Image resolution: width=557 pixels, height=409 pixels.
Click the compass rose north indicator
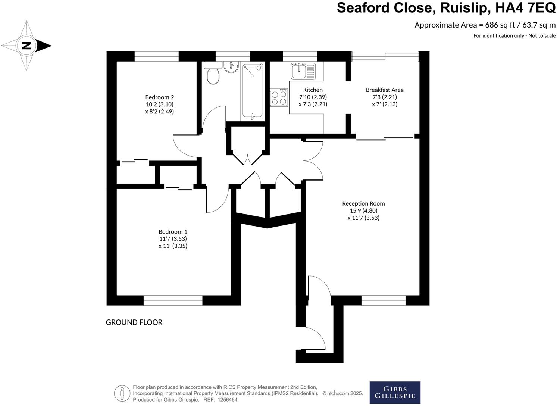pos(26,46)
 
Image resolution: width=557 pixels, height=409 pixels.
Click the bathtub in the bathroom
pos(253,91)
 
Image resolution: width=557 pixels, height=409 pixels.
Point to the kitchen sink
pos(303,71)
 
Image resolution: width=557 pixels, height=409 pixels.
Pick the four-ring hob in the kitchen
pos(279,97)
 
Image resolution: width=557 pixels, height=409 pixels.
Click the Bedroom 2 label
pos(159,97)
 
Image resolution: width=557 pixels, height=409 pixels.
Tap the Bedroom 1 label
pos(173,232)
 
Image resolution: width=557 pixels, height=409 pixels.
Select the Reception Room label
pos(363,203)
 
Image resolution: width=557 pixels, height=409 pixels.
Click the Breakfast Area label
pos(385,90)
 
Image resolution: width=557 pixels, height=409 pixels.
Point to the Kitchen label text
pos(313,90)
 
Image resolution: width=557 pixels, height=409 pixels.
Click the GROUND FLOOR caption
pos(134,322)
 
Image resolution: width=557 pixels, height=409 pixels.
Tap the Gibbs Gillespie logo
pos(395,393)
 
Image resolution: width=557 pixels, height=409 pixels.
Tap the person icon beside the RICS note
pos(122,393)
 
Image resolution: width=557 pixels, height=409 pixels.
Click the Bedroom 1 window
pos(173,300)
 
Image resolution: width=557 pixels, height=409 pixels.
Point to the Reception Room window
pos(383,300)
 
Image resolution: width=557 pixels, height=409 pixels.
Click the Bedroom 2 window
pos(156,56)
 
